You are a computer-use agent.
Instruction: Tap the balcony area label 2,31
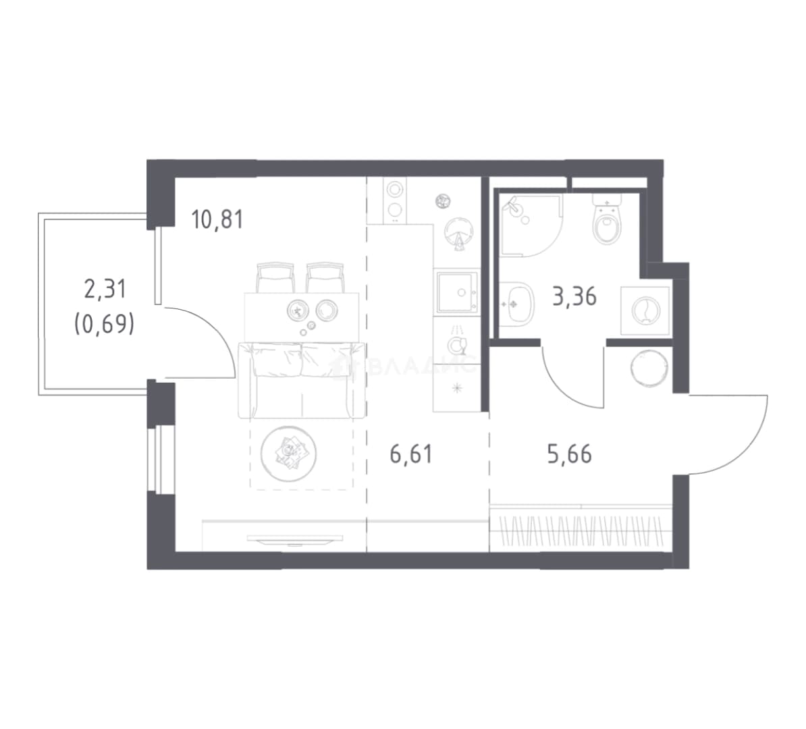105,289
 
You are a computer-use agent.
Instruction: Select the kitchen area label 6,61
411,454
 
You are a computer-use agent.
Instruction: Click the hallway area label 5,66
570,454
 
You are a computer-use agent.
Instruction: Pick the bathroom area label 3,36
574,296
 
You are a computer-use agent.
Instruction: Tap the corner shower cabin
531,225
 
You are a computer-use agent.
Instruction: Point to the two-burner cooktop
395,200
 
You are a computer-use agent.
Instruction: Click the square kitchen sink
457,292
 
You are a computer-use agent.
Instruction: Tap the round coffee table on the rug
288,454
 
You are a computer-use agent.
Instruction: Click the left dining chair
275,277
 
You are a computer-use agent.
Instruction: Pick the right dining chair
324,277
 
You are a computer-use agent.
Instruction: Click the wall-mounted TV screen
295,539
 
